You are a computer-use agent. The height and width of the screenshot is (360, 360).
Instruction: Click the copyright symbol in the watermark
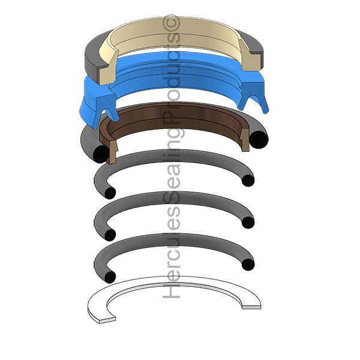click(x=171, y=23)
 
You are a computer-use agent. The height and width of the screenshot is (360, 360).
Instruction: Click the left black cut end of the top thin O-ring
click(x=110, y=193)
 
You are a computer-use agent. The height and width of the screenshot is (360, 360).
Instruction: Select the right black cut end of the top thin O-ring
click(x=248, y=181)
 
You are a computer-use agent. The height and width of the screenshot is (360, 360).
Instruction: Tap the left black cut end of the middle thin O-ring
click(x=110, y=235)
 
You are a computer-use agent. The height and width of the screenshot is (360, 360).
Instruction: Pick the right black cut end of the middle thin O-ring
click(x=248, y=223)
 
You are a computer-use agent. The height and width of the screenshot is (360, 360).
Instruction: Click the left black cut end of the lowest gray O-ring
click(x=110, y=277)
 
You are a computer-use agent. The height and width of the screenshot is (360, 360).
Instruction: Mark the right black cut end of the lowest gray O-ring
click(x=248, y=265)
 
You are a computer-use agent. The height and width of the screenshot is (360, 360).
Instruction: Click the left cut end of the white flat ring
click(x=107, y=321)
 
